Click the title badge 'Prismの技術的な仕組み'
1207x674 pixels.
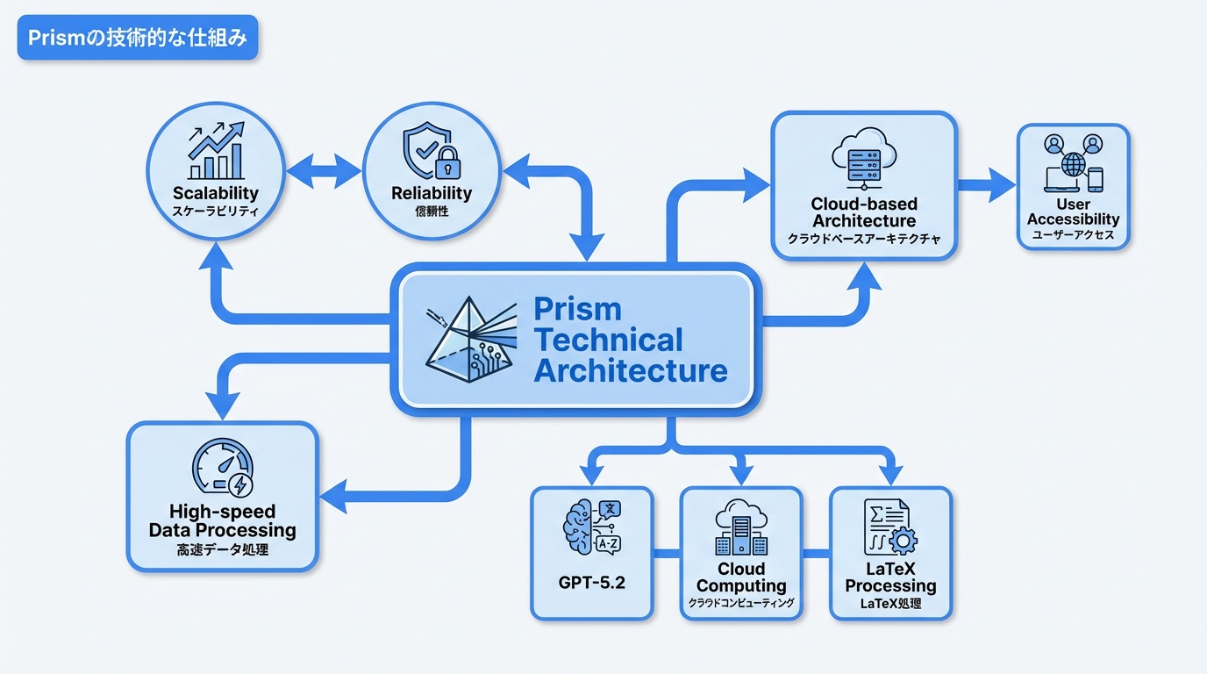pyautogui.click(x=138, y=39)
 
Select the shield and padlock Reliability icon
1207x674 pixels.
pyautogui.click(x=431, y=153)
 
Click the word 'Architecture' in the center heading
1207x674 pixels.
pyautogui.click(x=630, y=370)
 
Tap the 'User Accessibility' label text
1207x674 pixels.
pyautogui.click(x=1073, y=212)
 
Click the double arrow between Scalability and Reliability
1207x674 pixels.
pyautogui.click(x=324, y=172)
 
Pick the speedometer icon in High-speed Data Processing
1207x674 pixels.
pyautogui.click(x=222, y=469)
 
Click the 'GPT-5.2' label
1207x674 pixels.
pyautogui.click(x=592, y=583)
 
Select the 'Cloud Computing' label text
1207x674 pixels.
pyautogui.click(x=741, y=577)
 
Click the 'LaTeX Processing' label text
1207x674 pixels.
pyautogui.click(x=890, y=577)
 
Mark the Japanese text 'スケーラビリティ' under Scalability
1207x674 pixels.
pyautogui.click(x=216, y=212)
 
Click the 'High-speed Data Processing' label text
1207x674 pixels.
pyautogui.click(x=222, y=521)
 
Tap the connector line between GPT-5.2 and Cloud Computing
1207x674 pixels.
pyautogui.click(x=667, y=553)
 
